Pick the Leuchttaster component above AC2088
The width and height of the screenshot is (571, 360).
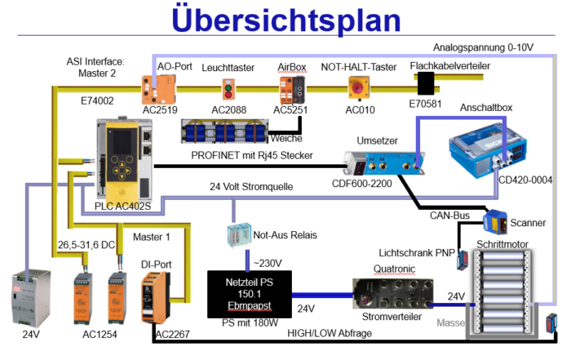(x=228, y=87)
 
